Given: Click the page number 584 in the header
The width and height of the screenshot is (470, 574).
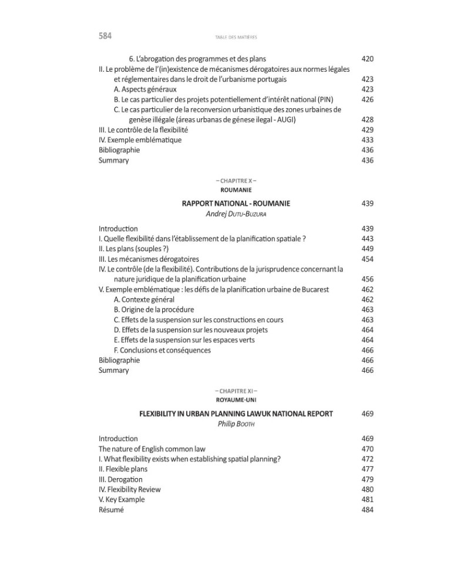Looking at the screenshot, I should click(x=105, y=36).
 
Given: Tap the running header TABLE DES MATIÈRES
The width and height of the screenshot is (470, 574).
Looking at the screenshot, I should click(x=236, y=37).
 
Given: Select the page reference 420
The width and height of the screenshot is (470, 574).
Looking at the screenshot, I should click(x=367, y=59).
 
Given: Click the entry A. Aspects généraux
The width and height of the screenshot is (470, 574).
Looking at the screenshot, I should click(x=145, y=89).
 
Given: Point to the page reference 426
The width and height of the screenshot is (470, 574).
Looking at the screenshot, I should click(x=367, y=99).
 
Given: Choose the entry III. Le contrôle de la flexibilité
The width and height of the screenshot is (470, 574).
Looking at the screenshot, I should click(x=143, y=130).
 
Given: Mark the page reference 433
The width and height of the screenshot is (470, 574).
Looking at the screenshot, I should click(x=367, y=140).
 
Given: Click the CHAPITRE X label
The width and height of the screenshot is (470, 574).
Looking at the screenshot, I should click(x=236, y=181).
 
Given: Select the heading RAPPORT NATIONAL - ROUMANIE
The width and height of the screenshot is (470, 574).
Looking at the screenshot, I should click(x=236, y=203).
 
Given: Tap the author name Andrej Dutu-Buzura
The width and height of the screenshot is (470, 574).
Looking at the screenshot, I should click(x=236, y=214).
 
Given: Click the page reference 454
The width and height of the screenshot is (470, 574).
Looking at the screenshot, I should click(x=367, y=259).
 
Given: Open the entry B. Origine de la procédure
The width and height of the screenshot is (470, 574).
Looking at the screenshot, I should click(x=154, y=309).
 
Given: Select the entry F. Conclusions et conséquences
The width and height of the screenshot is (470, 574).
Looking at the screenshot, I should click(x=162, y=350).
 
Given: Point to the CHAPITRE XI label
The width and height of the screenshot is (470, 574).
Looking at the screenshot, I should click(x=236, y=391).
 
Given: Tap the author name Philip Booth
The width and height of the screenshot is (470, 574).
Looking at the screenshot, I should click(x=236, y=424).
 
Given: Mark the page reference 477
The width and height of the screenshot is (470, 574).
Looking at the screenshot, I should click(x=367, y=469).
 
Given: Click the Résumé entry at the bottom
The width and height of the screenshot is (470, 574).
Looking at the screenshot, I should click(x=111, y=510).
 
